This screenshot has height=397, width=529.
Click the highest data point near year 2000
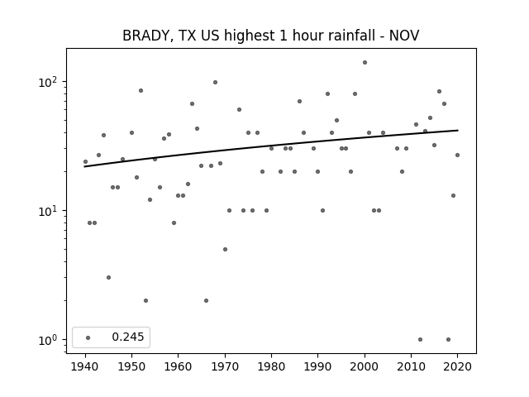tap(365, 63)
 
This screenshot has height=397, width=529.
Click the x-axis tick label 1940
tap(85, 366)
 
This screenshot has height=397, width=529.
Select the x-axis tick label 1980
tap(271, 366)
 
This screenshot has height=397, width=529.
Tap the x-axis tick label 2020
tap(457, 366)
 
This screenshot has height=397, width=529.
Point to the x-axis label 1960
tap(179, 366)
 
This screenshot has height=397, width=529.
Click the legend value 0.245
tap(128, 337)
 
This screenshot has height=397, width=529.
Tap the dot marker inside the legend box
tap(88, 337)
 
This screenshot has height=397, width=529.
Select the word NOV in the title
tap(404, 36)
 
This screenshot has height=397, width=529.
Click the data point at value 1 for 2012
tap(420, 340)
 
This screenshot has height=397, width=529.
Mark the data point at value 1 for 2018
tap(448, 340)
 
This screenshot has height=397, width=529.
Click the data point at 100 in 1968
tap(215, 83)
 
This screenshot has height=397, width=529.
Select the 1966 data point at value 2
tap(206, 301)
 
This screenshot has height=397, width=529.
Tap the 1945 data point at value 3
tap(108, 278)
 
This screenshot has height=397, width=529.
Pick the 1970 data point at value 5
tap(225, 250)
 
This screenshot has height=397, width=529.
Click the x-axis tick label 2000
tap(365, 366)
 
